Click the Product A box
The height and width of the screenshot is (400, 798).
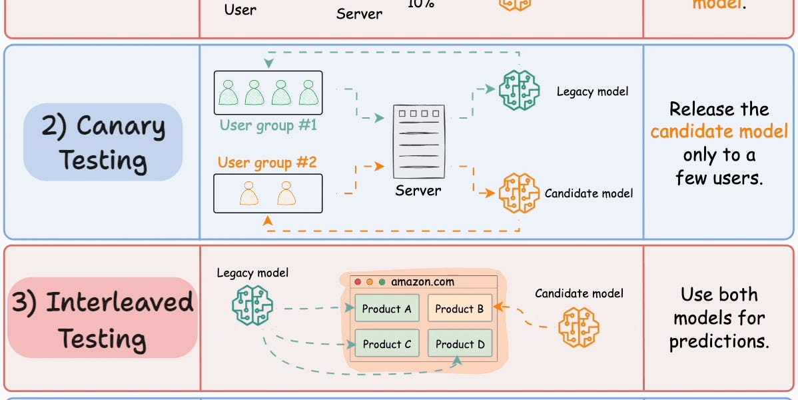tap(386, 309)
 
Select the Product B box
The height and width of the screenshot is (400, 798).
tap(460, 309)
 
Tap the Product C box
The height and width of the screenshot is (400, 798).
tap(386, 344)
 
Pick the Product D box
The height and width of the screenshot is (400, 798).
tap(460, 344)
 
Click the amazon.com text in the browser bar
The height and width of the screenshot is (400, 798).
tap(422, 281)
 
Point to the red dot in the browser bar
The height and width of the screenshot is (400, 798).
tap(358, 282)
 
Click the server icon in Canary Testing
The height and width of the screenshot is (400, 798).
tap(418, 141)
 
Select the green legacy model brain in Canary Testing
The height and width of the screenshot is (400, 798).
tap(518, 90)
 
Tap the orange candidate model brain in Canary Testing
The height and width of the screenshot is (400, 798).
tap(518, 193)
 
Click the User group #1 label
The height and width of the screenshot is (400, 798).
tap(268, 125)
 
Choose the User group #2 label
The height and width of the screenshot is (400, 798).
tap(267, 163)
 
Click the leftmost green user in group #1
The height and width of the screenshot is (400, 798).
tap(229, 93)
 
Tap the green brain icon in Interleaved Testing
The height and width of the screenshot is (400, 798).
tap(252, 305)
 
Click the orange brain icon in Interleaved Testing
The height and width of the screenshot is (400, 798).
tap(578, 327)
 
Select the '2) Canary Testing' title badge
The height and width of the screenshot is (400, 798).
tap(103, 142)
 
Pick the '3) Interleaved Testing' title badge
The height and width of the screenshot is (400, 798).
tap(103, 320)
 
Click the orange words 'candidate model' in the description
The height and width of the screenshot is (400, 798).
tap(719, 131)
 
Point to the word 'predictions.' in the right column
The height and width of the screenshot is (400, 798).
tap(719, 341)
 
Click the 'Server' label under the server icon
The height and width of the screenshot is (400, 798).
tap(418, 191)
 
